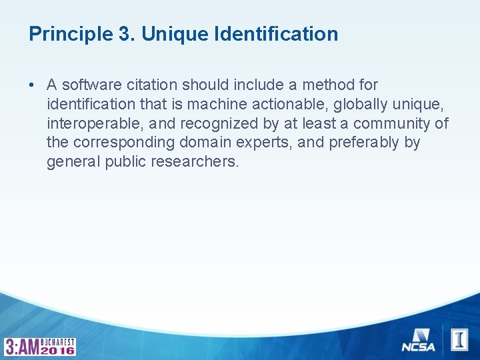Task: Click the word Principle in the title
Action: (64, 34)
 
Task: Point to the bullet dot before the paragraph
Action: (31, 85)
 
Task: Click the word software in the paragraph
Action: (89, 85)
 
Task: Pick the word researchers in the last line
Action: (197, 162)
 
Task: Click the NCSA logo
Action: (418, 341)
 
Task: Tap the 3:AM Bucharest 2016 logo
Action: (40, 346)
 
